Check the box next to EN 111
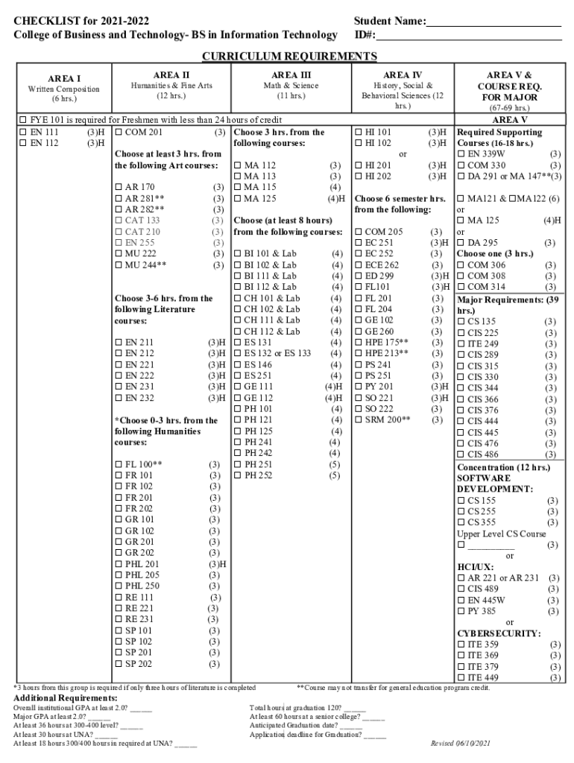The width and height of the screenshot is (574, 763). (22, 133)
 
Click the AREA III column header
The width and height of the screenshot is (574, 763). (291, 75)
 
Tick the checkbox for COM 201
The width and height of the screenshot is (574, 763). (119, 133)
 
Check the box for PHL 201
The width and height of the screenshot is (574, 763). (119, 564)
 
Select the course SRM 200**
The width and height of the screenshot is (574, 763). (387, 420)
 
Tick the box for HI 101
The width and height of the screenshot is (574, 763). (359, 133)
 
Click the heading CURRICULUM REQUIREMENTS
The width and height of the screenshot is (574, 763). (290, 57)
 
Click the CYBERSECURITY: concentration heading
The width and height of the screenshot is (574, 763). (499, 633)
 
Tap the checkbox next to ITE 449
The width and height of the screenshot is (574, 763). (461, 677)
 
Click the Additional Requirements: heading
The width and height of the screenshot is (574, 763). (66, 698)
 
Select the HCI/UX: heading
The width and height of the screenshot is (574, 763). (475, 567)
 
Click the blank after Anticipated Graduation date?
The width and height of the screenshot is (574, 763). (350, 725)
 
